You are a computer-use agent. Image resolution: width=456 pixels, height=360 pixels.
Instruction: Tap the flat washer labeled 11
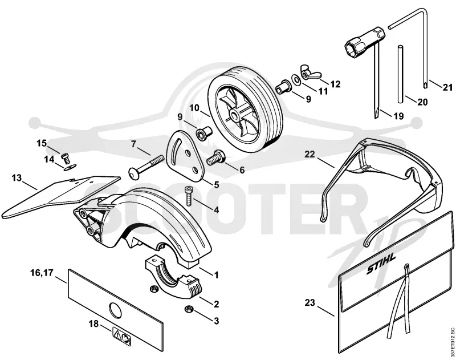(296, 79)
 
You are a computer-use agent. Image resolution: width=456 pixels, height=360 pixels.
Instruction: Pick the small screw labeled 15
(66, 159)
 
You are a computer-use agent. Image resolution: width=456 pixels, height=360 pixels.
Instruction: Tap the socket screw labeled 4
(188, 196)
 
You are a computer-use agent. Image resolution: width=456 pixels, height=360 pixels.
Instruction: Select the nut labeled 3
(189, 309)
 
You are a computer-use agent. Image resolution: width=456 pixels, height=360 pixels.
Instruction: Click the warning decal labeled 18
(122, 336)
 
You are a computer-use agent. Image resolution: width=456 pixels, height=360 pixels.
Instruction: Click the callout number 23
(310, 303)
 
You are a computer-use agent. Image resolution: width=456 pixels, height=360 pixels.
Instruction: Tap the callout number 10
(195, 108)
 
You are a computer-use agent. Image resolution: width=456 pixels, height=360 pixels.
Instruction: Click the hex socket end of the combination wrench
(353, 47)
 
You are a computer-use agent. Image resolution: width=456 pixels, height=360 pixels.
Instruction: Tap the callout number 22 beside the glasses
(310, 154)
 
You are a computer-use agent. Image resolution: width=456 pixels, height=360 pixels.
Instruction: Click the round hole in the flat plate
(115, 310)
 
